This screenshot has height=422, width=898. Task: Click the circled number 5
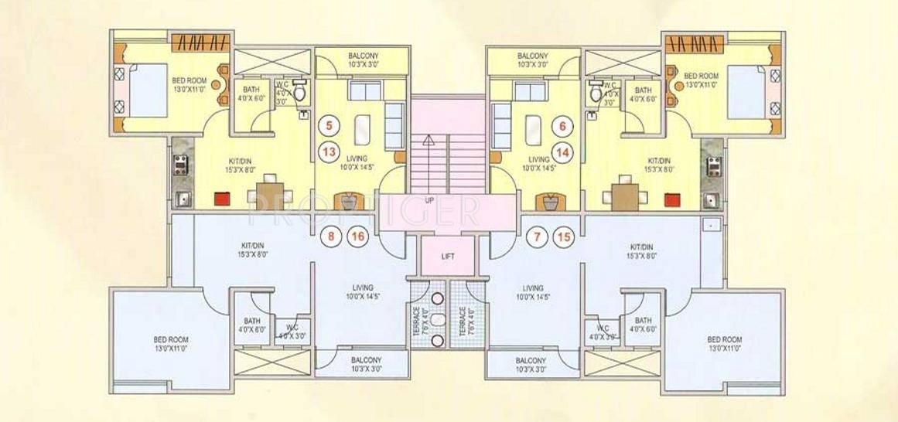[x=329, y=124]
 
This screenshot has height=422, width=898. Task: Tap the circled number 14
[x=562, y=152]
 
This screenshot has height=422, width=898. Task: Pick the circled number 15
[x=563, y=237]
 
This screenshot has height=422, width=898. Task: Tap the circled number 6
[x=562, y=124]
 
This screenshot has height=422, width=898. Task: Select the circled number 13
[x=329, y=152]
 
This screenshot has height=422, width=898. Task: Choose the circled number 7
[x=534, y=237]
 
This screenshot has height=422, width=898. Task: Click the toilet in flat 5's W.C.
[x=301, y=94]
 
